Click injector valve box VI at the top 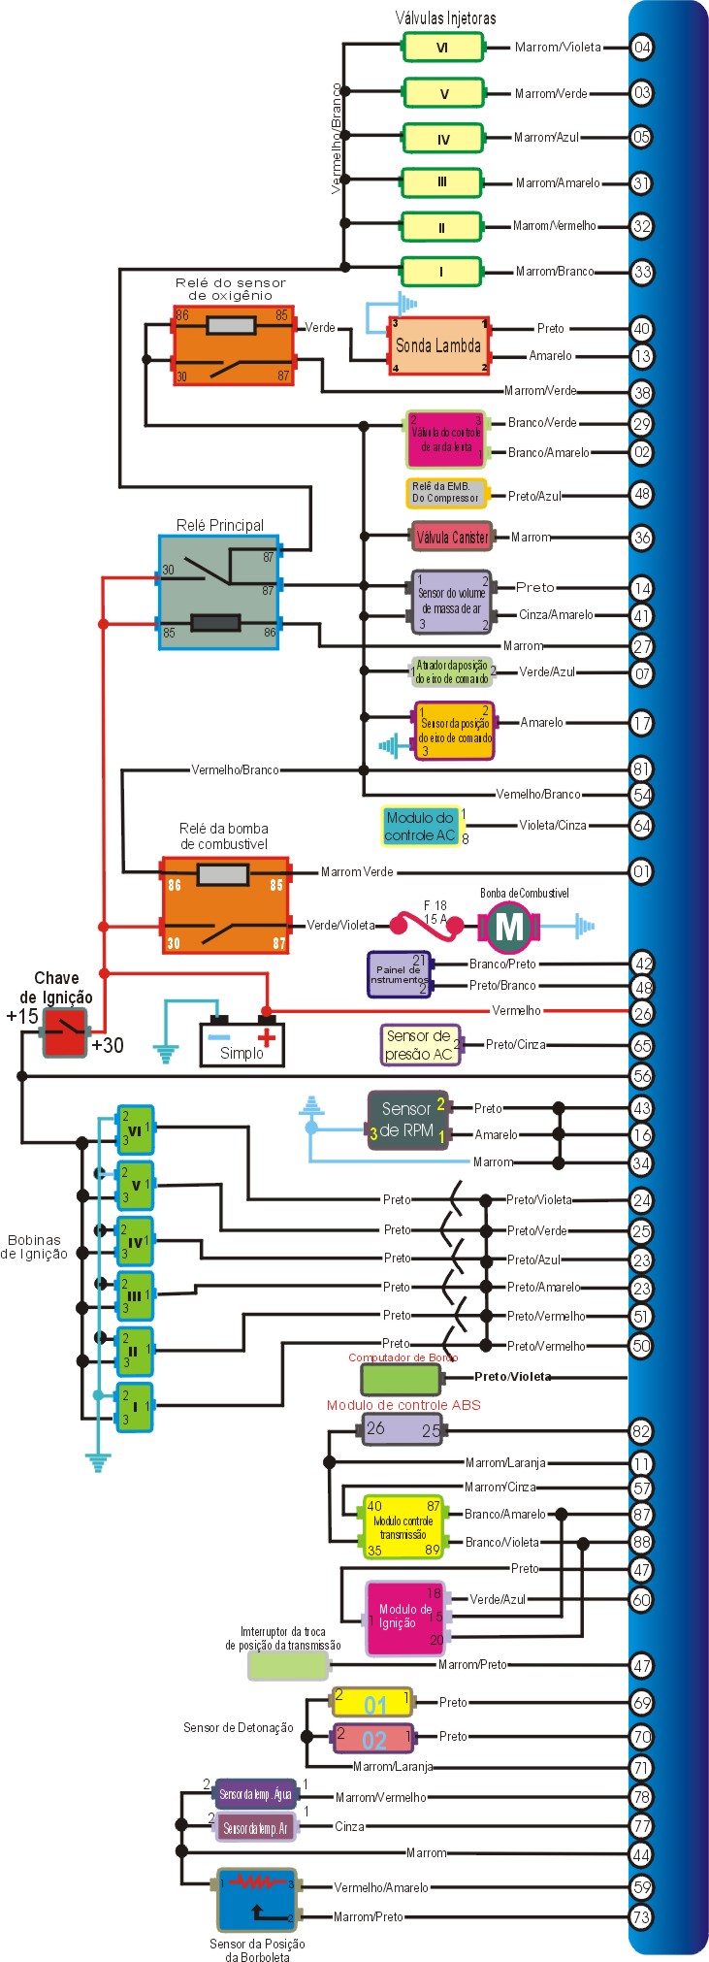click(x=442, y=47)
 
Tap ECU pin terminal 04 click(x=641, y=47)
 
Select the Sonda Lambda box click(x=438, y=345)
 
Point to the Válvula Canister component click(x=451, y=537)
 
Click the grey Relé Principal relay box click(x=219, y=592)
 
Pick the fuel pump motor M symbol click(x=509, y=927)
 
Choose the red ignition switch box click(x=64, y=1032)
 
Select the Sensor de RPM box click(x=407, y=1120)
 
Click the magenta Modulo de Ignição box click(x=405, y=1618)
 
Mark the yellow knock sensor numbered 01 click(x=373, y=1703)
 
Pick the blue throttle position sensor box click(x=256, y=1899)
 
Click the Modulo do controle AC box click(x=420, y=826)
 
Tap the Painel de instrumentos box click(x=399, y=974)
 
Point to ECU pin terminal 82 click(x=641, y=1430)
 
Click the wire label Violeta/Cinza click(x=552, y=825)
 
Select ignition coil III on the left click(x=135, y=1295)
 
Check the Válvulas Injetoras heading click(x=445, y=17)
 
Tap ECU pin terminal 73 click(x=641, y=1916)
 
